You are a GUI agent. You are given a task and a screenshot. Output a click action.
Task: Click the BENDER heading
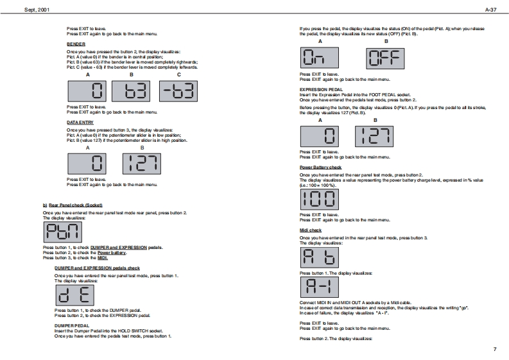click(76, 44)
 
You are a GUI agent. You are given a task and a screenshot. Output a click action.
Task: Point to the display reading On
click(319, 59)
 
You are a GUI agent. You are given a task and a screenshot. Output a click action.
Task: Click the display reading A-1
click(319, 287)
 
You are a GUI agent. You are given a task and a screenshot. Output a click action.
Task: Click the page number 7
click(494, 349)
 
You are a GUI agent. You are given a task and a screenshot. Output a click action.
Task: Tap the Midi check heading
click(311, 230)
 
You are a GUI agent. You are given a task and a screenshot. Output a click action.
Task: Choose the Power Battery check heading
click(322, 167)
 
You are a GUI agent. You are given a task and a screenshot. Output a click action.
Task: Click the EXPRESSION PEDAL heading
click(321, 90)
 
